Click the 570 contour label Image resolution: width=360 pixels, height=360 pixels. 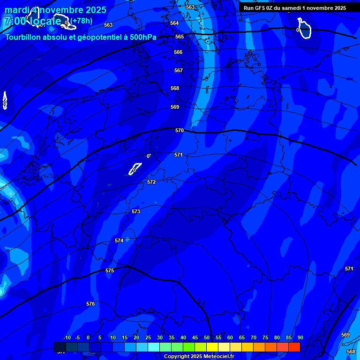pyautogui.click(x=180, y=130)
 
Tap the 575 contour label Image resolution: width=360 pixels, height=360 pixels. pyautogui.click(x=110, y=270)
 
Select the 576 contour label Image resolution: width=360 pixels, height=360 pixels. pyautogui.click(x=90, y=304)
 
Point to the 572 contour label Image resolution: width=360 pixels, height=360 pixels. pyautogui.click(x=151, y=182)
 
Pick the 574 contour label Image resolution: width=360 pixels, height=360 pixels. pyautogui.click(x=119, y=240)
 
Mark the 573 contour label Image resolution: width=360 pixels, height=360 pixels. pyautogui.click(x=136, y=211)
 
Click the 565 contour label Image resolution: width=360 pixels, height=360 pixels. pyautogui.click(x=180, y=37)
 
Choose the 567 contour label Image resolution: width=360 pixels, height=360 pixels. pyautogui.click(x=179, y=70)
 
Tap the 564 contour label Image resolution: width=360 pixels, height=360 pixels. pyautogui.click(x=174, y=23)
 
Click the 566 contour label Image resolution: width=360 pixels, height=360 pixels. pyautogui.click(x=178, y=52)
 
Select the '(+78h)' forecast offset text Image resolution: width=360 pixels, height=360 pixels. pyautogui.click(x=82, y=21)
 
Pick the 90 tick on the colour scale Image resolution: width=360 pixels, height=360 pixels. pyautogui.click(x=300, y=337)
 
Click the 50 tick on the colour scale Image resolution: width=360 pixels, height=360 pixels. pyautogui.click(x=207, y=337)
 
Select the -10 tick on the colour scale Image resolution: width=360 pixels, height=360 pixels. pyautogui.click(x=67, y=337)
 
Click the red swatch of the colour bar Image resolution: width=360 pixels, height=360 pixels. pyautogui.click(x=294, y=347)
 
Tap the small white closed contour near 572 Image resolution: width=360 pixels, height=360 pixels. pyautogui.click(x=135, y=168)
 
